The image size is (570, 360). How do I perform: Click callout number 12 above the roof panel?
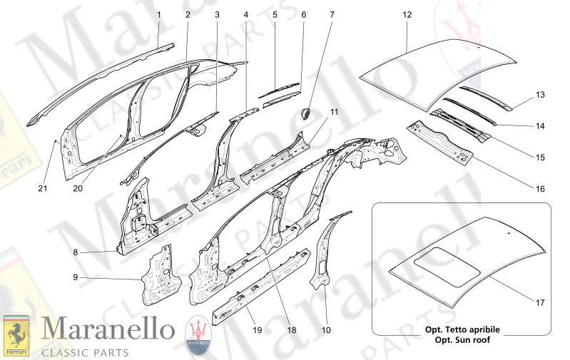(x=407, y=15)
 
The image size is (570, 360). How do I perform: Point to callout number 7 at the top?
(x=331, y=15)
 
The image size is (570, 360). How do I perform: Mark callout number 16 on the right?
(x=540, y=189)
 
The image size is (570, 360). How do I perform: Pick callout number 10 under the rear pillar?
(x=326, y=330)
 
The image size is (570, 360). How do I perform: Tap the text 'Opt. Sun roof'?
(x=462, y=339)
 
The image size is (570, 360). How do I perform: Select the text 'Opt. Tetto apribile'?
(x=462, y=330)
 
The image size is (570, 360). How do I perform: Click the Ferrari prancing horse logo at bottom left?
(x=16, y=336)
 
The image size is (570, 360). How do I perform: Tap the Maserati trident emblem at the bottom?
(x=198, y=334)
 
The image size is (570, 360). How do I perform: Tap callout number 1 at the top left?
(x=159, y=15)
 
